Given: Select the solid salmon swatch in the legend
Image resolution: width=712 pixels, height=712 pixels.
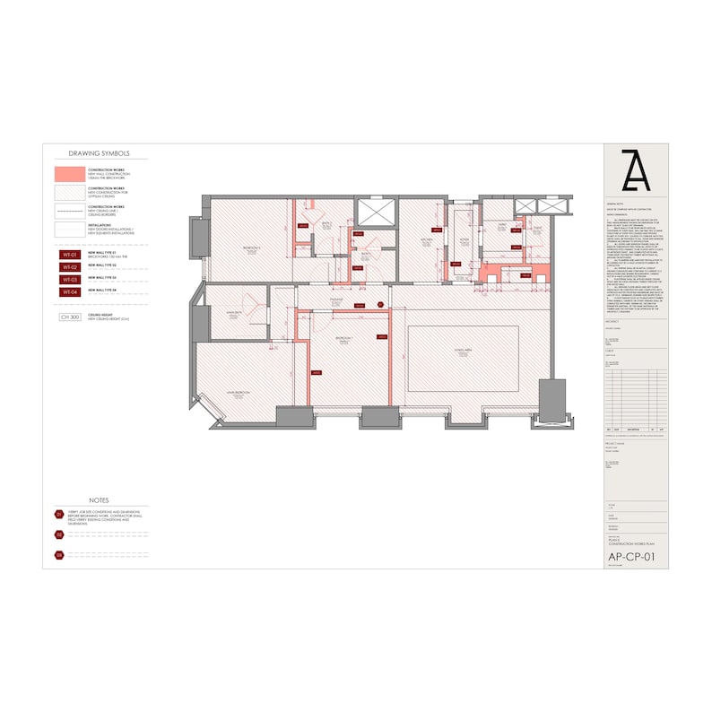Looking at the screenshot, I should click(x=70, y=173).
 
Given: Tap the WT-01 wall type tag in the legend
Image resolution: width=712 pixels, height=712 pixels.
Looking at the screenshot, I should click(x=70, y=256).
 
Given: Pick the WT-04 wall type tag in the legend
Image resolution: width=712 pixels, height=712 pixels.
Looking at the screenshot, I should click(x=70, y=291).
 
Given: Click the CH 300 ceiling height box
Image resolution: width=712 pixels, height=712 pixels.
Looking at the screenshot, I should click(x=70, y=317).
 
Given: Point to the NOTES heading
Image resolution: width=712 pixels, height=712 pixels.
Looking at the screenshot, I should click(x=99, y=499).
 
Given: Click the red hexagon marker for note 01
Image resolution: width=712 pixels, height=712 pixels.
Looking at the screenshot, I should click(x=59, y=515).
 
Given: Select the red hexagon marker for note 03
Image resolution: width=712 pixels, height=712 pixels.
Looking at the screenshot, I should click(x=59, y=555).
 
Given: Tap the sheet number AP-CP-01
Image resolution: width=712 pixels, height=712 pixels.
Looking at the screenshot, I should click(x=631, y=556).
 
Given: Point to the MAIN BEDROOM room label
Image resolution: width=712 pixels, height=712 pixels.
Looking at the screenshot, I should click(x=238, y=393).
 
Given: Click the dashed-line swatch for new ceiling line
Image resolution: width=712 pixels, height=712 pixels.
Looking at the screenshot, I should click(x=70, y=212).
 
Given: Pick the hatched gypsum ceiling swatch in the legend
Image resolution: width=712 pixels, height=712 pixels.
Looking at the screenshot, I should click(x=70, y=192).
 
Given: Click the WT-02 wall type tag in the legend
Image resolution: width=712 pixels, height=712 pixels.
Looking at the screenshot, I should click(x=70, y=267).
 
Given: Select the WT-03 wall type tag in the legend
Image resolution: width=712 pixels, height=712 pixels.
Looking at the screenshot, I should click(x=70, y=279).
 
